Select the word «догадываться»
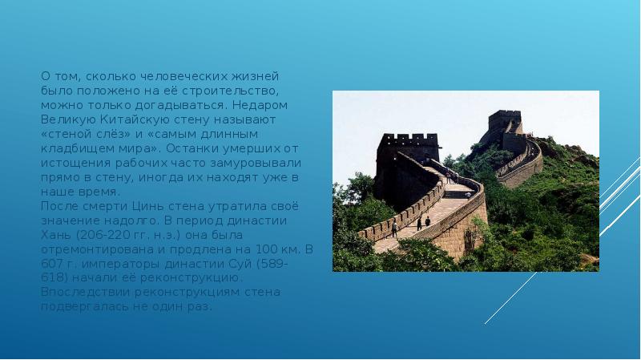point(182,105)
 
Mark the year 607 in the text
point(52,264)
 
